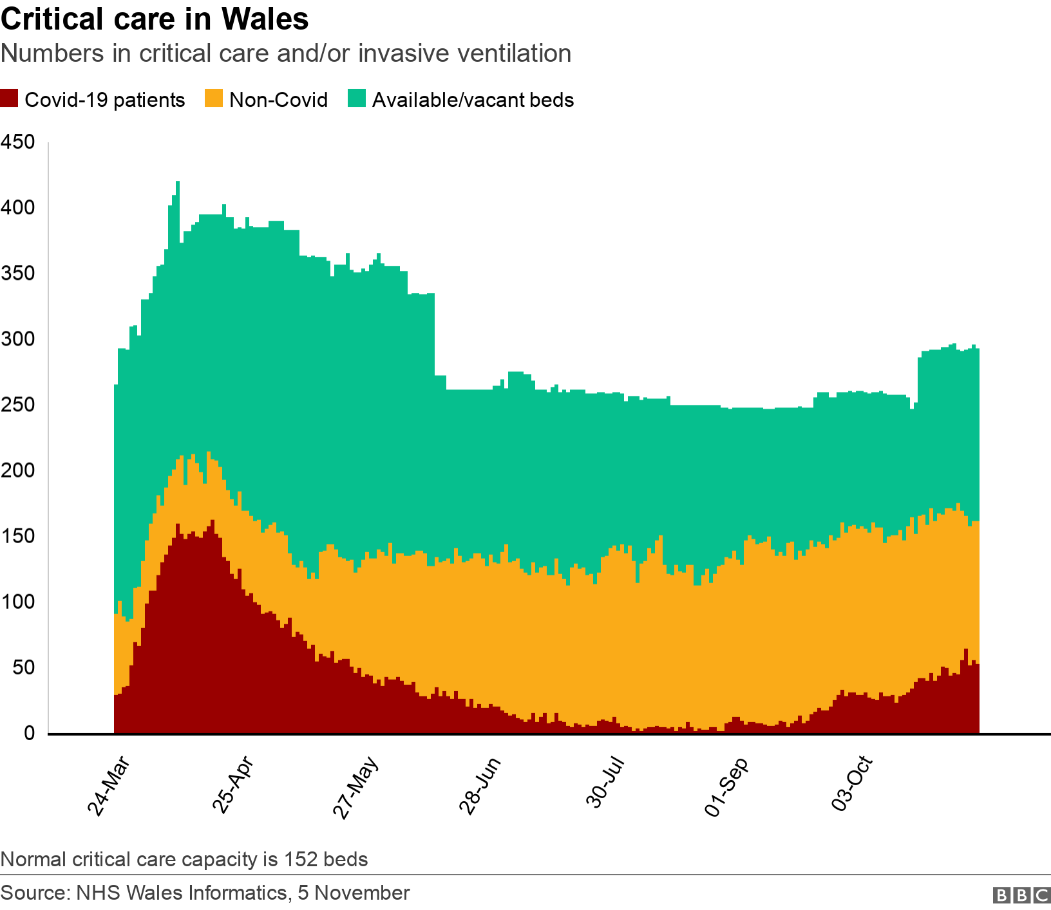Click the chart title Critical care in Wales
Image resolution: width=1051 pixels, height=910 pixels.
pyautogui.click(x=155, y=19)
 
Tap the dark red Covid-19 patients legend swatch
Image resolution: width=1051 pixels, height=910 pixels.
pyautogui.click(x=10, y=99)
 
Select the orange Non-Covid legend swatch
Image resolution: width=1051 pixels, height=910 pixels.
pyautogui.click(x=213, y=99)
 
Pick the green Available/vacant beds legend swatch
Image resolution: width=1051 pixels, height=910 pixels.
pyautogui.click(x=356, y=99)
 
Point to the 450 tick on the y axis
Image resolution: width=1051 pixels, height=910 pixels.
pyautogui.click(x=18, y=142)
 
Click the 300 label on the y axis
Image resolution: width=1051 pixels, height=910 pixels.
pyautogui.click(x=18, y=339)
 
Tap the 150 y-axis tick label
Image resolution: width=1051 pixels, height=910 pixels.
pyautogui.click(x=18, y=536)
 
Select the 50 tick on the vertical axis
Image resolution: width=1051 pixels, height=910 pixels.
pyautogui.click(x=23, y=667)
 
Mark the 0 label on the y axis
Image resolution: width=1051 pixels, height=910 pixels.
pyautogui.click(x=29, y=734)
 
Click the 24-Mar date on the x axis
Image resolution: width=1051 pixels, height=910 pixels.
pyautogui.click(x=109, y=786)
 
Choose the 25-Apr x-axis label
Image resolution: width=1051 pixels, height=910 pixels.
pyautogui.click(x=233, y=786)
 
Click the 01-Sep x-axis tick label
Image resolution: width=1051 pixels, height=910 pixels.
pyautogui.click(x=727, y=786)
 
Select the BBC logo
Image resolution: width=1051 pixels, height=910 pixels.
pyautogui.click(x=1021, y=895)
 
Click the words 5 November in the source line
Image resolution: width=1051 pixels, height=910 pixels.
pyautogui.click(x=354, y=893)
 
